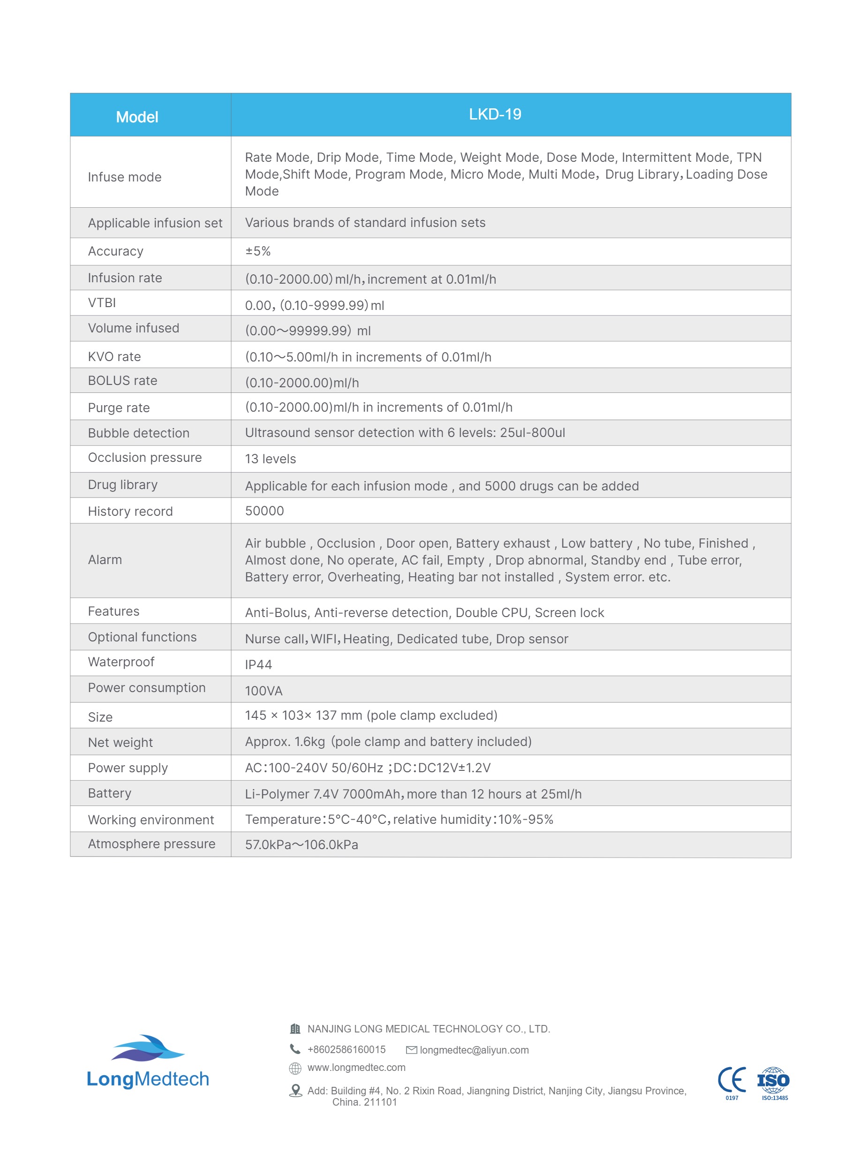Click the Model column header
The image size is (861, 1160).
point(136,117)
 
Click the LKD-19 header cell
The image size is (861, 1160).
point(495,114)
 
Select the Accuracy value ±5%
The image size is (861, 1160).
point(258,251)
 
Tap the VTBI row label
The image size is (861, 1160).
point(102,303)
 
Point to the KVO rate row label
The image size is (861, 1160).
point(114,356)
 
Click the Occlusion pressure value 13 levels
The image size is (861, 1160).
point(270,459)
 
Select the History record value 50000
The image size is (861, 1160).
point(264,511)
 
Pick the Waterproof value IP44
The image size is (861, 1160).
point(258,664)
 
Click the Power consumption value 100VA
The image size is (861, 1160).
point(264,691)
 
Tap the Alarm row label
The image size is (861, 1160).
point(105,560)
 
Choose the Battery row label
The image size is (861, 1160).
point(109,793)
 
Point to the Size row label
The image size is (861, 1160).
point(100,717)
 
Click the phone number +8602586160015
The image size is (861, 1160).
point(346,1049)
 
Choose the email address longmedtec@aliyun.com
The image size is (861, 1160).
point(474,1050)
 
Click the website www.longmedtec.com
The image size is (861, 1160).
point(356,1067)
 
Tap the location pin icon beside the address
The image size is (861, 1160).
point(295,1090)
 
